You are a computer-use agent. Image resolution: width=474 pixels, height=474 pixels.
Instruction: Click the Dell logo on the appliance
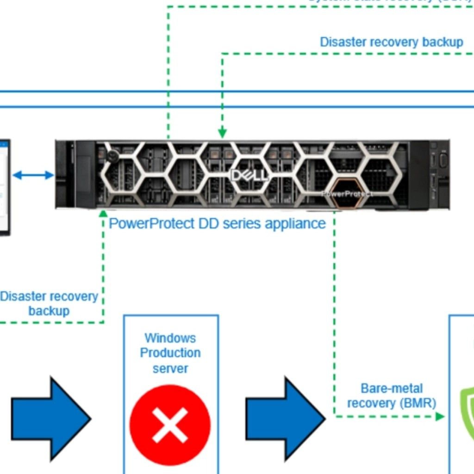click(x=249, y=175)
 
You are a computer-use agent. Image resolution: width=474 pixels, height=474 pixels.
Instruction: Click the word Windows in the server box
click(x=170, y=338)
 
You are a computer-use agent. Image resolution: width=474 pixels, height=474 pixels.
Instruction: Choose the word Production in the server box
click(x=170, y=353)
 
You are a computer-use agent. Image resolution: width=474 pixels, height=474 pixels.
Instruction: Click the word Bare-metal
click(x=392, y=388)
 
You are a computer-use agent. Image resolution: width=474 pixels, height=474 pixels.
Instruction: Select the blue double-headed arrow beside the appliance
click(x=33, y=175)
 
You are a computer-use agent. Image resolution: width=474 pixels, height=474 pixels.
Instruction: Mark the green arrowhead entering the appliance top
click(x=222, y=133)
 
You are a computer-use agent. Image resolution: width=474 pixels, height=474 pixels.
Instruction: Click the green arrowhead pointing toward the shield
click(x=440, y=417)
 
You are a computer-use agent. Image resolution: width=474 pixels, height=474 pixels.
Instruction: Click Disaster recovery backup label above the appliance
click(x=391, y=42)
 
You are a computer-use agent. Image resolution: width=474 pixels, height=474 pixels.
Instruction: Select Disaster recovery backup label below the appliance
click(x=49, y=303)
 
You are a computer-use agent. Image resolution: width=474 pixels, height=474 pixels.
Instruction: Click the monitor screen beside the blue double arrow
click(x=4, y=185)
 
